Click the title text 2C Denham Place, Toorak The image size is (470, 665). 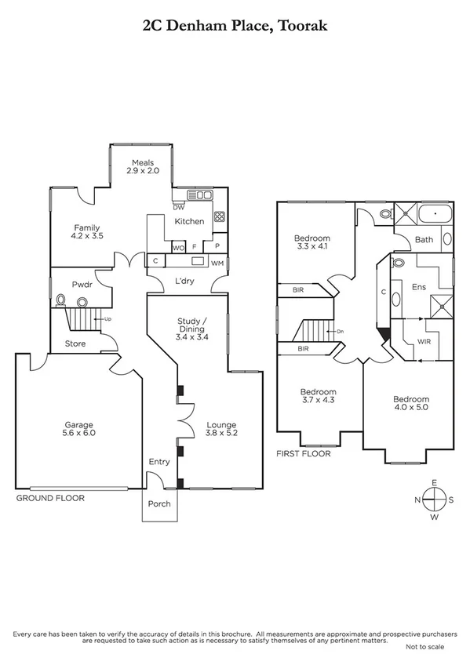[235, 25]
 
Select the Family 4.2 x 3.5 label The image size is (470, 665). [86, 231]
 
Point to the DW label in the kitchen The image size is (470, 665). [178, 207]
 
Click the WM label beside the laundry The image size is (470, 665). [217, 262]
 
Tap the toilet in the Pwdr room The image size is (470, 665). [60, 299]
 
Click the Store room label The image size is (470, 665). [75, 343]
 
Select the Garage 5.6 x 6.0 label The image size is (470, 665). [78, 429]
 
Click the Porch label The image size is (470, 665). [159, 504]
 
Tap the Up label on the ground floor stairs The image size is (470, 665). [107, 320]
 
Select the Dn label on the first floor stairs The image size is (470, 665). [339, 332]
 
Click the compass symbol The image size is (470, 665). [432, 499]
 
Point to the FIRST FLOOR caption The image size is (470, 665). [304, 453]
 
